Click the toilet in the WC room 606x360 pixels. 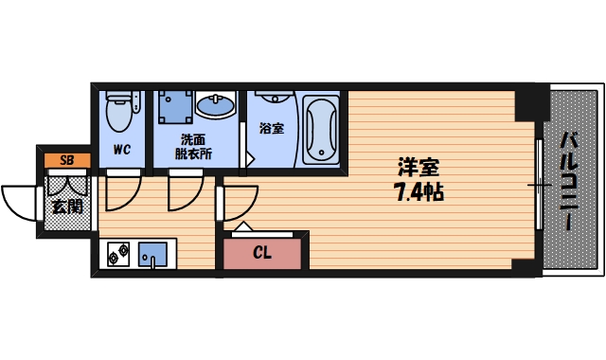pyautogui.click(x=120, y=112)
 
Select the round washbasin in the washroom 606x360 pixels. pyautogui.click(x=221, y=106)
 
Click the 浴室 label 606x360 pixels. pyautogui.click(x=272, y=128)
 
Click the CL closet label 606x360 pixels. pyautogui.click(x=263, y=252)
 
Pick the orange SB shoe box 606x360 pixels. pyautogui.click(x=66, y=160)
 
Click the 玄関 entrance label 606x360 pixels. pyautogui.click(x=66, y=206)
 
